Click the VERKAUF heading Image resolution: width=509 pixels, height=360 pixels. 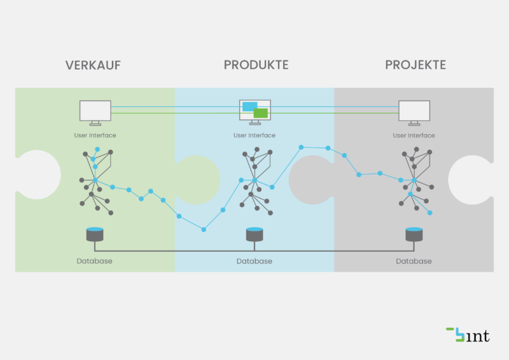(93, 66)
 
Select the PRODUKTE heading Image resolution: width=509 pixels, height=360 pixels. (256, 65)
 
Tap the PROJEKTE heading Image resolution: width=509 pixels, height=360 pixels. (415, 65)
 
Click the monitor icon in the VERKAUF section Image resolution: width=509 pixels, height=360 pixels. (95, 113)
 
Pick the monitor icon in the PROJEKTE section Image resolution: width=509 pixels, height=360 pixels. (414, 113)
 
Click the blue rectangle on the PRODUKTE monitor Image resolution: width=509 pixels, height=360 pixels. (249, 106)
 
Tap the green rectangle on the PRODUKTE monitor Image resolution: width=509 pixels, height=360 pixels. (261, 113)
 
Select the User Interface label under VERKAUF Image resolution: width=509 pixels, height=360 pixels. (95, 135)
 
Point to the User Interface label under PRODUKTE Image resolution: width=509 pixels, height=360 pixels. (254, 135)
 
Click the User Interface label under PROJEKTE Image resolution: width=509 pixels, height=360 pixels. (414, 135)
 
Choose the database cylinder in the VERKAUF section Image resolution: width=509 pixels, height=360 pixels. (95, 234)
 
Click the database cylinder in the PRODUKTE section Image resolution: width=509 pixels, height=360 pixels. (254, 234)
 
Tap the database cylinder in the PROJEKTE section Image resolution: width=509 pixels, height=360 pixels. (414, 234)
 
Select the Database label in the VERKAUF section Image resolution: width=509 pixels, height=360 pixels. (94, 261)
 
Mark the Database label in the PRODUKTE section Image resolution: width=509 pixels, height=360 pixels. (254, 261)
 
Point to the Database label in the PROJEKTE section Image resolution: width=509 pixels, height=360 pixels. (414, 261)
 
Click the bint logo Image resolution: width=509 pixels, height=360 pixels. (468, 335)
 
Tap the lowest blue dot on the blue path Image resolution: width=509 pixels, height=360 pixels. (204, 230)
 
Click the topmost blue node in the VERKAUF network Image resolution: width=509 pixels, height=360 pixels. (97, 149)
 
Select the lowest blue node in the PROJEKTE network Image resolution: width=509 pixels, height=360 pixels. (430, 213)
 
